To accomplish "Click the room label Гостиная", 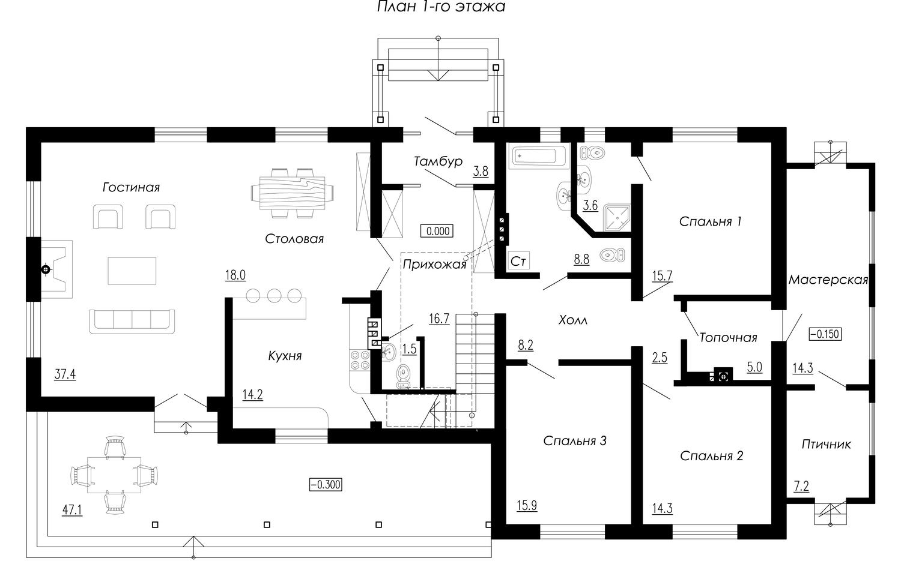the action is point(131,187).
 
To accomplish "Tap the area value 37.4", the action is point(65,374).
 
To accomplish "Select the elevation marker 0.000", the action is point(437,231).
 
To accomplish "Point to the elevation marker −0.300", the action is point(326,485).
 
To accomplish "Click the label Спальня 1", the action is point(711,221).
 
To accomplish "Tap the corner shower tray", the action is point(617,218).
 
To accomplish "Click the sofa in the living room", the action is point(132,321).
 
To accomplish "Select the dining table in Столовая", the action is point(293,193).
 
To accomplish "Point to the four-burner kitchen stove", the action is point(360,360).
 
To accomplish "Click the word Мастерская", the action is point(828,280).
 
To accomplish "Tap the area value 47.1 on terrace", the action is point(73,510).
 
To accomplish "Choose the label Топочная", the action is point(728,338).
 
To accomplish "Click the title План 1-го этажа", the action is point(441,7).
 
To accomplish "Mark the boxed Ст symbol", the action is point(518,261).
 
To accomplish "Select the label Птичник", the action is point(826,445).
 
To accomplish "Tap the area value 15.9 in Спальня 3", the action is point(527,505).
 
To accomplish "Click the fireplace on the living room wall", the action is point(56,269).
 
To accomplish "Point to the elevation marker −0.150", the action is point(825,334).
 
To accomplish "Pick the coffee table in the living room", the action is point(132,271).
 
